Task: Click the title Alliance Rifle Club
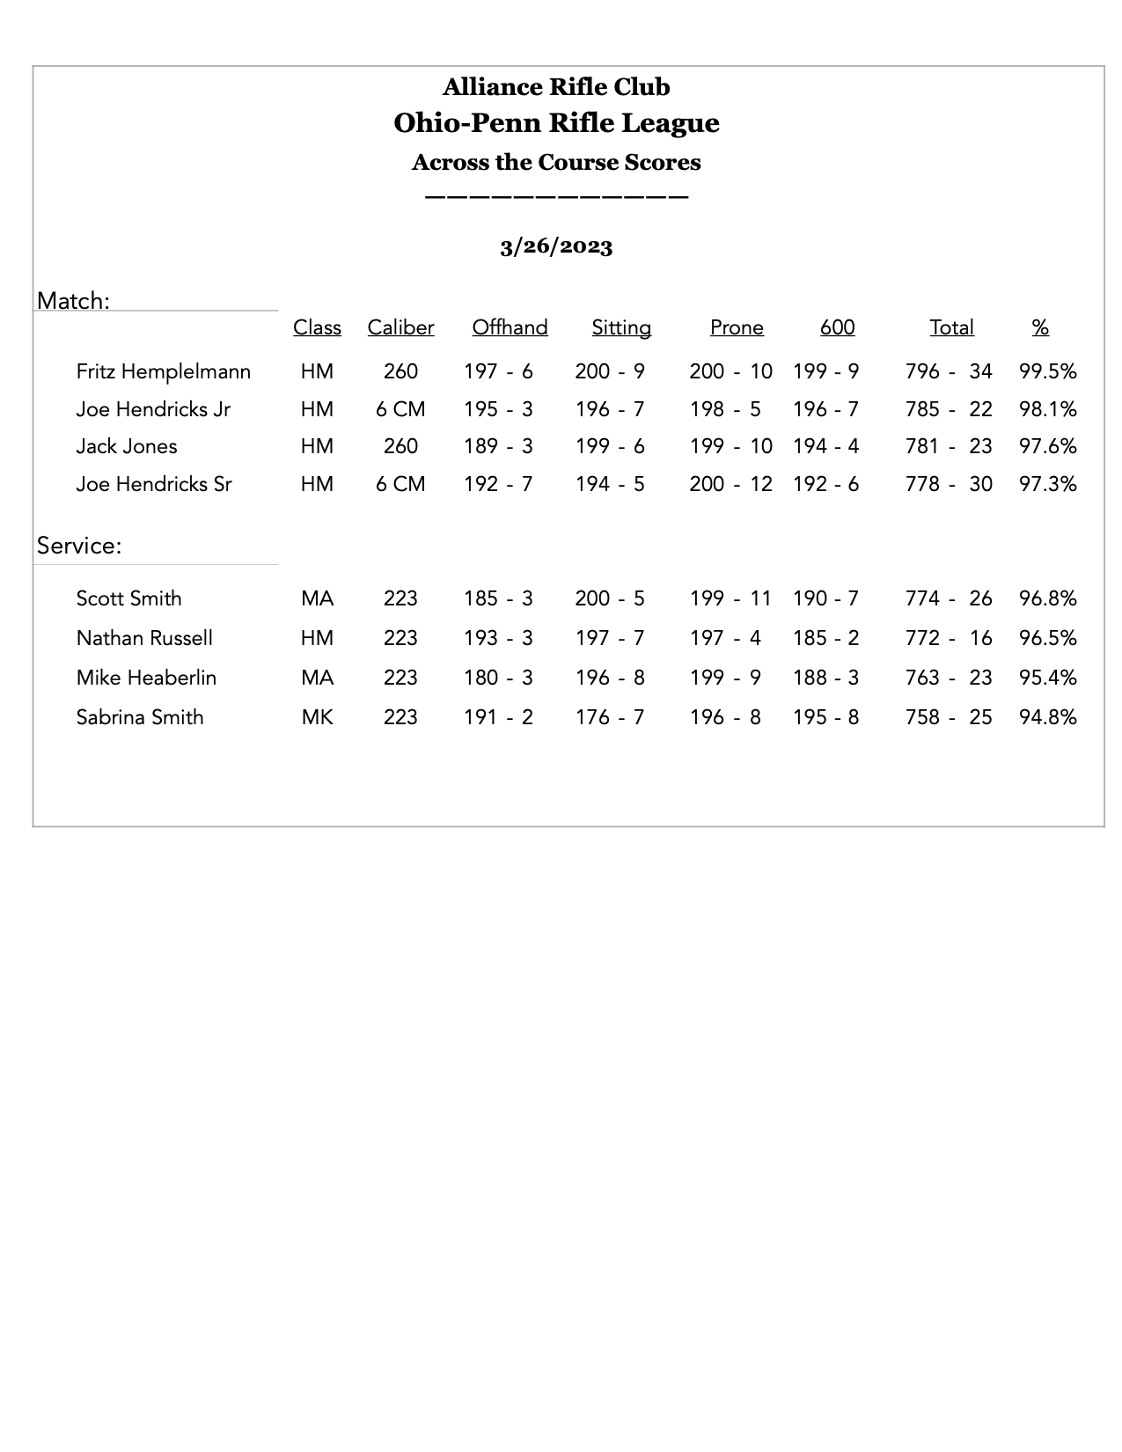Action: coord(556,87)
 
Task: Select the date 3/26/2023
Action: coord(556,246)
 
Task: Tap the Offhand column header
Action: coord(510,328)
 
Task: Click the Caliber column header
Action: coord(400,328)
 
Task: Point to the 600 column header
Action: coord(837,328)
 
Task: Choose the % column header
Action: coord(1040,328)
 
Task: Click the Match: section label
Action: coord(73,301)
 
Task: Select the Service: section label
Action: coord(79,546)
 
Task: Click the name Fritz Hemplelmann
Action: coord(164,371)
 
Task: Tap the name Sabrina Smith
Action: coord(140,717)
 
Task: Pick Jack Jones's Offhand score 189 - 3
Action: coord(498,446)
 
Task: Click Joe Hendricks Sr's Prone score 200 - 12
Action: coord(730,484)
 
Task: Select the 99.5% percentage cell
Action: coord(1047,371)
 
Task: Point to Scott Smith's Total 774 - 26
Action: coord(948,598)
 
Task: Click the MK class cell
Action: coord(317,717)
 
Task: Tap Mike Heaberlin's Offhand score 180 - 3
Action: coord(498,678)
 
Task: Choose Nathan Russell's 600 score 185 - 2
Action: coord(825,638)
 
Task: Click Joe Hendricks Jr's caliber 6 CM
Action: coord(400,409)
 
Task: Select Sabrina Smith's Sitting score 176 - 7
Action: coord(610,717)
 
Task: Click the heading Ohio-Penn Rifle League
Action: coord(556,123)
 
